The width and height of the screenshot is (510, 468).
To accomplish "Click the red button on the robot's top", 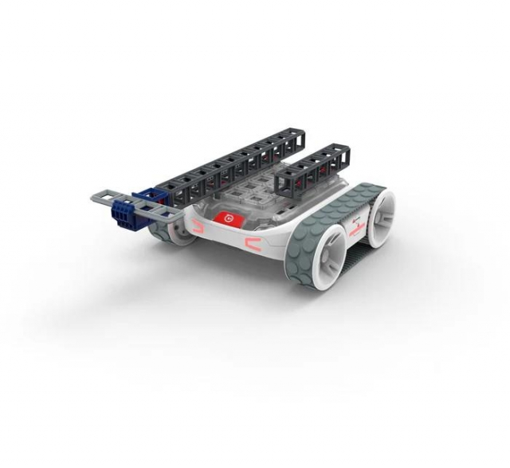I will pos(228,217).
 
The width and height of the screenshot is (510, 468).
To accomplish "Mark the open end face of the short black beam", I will pos(285,184).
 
